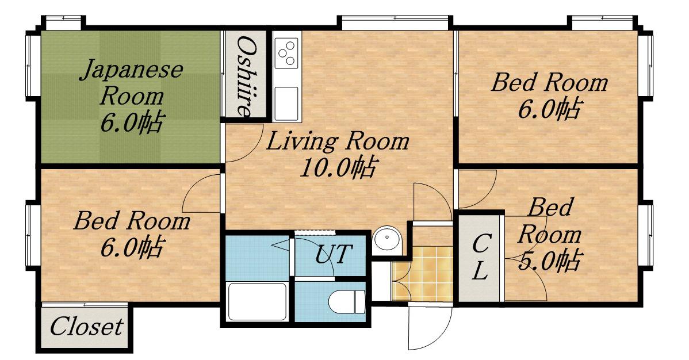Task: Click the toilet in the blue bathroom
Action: coord(347,301)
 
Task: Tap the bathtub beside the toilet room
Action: coord(258,301)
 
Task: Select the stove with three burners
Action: coord(286,53)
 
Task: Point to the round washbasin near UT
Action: coord(387,240)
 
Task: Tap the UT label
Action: coord(334,254)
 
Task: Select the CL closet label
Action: coord(480,257)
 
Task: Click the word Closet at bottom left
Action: coord(86,327)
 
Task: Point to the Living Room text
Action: coord(338,141)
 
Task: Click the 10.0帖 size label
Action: coord(338,167)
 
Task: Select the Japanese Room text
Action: coord(131,82)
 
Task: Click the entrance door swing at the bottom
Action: coord(430,325)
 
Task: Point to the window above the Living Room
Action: coord(395,22)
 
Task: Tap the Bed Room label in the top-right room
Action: coord(549,82)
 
